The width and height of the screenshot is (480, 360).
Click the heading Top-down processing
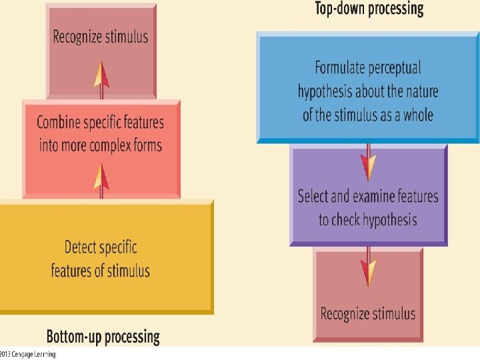pos(369,9)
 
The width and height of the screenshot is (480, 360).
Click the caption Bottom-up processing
pos(103,336)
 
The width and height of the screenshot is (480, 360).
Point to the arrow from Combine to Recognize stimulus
pos(101,80)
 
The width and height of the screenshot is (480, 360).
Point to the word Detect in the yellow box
pos(82,247)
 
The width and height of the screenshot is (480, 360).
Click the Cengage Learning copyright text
pos(28,354)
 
